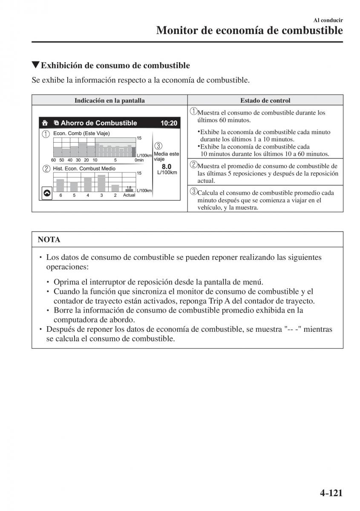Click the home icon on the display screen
click(x=45, y=123)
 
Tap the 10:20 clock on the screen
click(x=169, y=123)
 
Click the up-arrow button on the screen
click(x=47, y=193)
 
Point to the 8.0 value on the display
click(x=167, y=167)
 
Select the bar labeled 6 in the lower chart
click(x=60, y=185)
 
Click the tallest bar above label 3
click(x=101, y=183)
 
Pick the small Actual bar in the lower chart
click(x=129, y=190)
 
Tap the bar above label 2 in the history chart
click(x=115, y=188)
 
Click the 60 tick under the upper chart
click(x=53, y=160)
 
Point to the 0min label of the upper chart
click(x=138, y=160)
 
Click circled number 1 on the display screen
click(x=46, y=134)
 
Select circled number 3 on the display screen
click(x=158, y=146)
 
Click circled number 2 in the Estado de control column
click(x=193, y=165)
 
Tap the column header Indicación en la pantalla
click(x=109, y=100)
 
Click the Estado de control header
click(x=265, y=100)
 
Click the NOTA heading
click(x=49, y=240)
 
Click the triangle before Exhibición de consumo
click(x=36, y=65)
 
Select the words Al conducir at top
click(x=328, y=20)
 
